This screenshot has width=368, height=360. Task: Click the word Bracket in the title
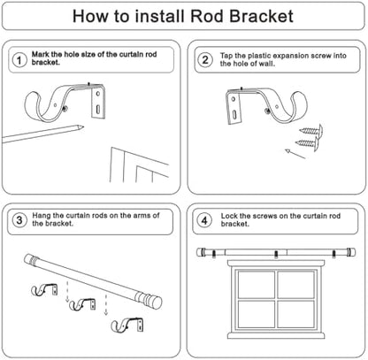click(x=261, y=16)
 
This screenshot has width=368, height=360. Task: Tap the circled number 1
click(x=19, y=60)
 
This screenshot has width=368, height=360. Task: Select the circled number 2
click(x=205, y=60)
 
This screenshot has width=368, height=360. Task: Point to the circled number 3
click(x=19, y=220)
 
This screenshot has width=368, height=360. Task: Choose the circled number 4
click(x=204, y=220)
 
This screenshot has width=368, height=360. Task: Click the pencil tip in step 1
click(x=82, y=127)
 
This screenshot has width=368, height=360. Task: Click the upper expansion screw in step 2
click(x=311, y=130)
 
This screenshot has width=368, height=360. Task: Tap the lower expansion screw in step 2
click(x=307, y=144)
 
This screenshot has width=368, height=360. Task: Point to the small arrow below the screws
click(x=295, y=154)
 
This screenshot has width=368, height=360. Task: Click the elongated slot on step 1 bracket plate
click(x=98, y=110)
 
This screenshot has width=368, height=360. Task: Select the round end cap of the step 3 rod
click(x=157, y=303)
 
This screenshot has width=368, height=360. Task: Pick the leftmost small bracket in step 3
click(x=44, y=290)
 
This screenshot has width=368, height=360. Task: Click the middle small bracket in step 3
click(x=82, y=304)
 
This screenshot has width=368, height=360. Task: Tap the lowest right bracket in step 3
click(x=127, y=325)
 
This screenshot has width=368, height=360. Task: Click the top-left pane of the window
click(x=256, y=284)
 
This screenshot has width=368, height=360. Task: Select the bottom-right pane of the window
click(x=295, y=315)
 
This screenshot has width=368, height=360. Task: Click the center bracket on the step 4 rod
click(x=276, y=254)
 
